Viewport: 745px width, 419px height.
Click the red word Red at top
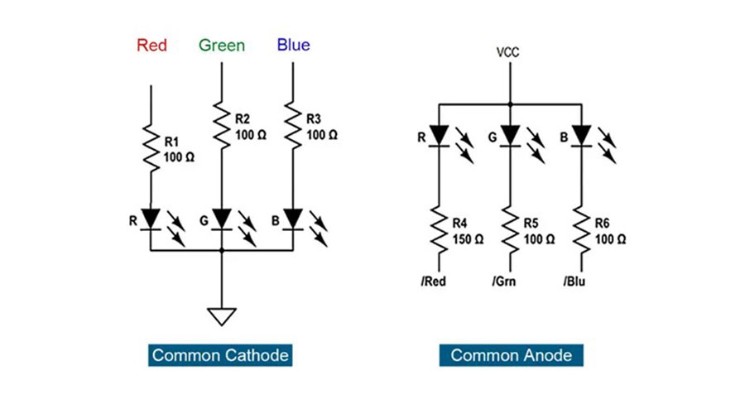tap(151, 46)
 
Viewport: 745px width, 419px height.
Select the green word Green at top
tap(221, 46)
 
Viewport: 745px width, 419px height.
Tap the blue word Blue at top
tap(293, 45)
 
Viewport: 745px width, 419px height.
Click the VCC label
tap(508, 52)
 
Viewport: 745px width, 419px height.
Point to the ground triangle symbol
tap(221, 316)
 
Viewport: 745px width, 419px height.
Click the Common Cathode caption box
tap(220, 355)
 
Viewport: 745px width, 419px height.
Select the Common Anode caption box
tap(512, 355)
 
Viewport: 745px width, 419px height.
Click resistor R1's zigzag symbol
tap(151, 147)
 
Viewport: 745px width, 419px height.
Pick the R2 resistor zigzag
tap(221, 125)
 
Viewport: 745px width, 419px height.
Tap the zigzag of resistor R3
tap(293, 125)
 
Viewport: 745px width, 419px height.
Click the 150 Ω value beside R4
tap(468, 239)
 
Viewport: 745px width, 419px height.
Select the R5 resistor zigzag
tap(510, 231)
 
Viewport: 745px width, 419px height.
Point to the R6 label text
tap(602, 224)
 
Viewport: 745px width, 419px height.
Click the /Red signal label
tap(433, 282)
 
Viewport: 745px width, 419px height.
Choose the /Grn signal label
tap(504, 282)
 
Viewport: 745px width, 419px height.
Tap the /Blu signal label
tap(574, 282)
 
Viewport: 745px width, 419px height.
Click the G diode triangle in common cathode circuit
tap(221, 219)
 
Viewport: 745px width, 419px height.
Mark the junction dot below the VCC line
tap(510, 104)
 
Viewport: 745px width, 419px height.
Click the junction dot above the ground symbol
tap(221, 250)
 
